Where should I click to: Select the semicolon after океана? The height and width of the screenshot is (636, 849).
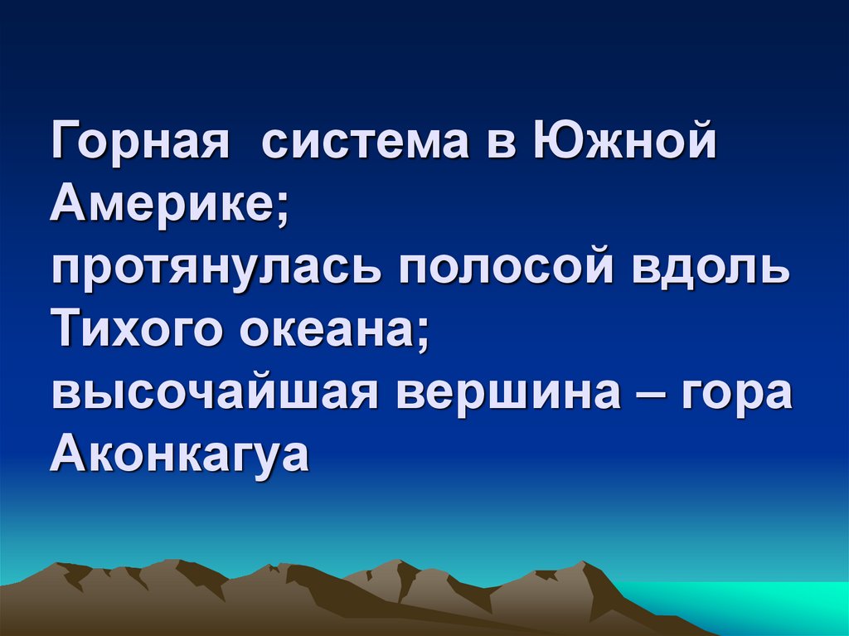pyautogui.click(x=422, y=335)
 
